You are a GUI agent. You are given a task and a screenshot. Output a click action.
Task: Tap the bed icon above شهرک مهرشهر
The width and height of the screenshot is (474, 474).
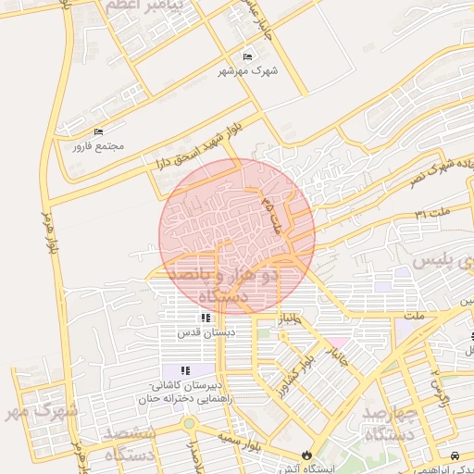pos(247,56)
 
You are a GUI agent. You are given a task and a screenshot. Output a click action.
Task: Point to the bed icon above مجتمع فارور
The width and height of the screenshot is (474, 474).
pos(98,132)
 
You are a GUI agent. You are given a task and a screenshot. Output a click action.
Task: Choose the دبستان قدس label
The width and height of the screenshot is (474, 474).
pos(205,331)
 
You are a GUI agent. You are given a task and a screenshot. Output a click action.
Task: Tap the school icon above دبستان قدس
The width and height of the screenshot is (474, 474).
pos(205,318)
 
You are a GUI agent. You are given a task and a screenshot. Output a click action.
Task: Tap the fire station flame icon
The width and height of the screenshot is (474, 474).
pos(306,455)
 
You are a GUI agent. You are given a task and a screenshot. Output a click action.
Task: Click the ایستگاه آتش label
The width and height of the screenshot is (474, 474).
pos(306,468)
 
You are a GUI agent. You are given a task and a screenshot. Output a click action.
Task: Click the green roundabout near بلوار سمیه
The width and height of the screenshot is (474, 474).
pos(189,423)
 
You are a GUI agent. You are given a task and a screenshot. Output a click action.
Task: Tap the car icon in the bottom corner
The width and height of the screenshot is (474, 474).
pos(455,455)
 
